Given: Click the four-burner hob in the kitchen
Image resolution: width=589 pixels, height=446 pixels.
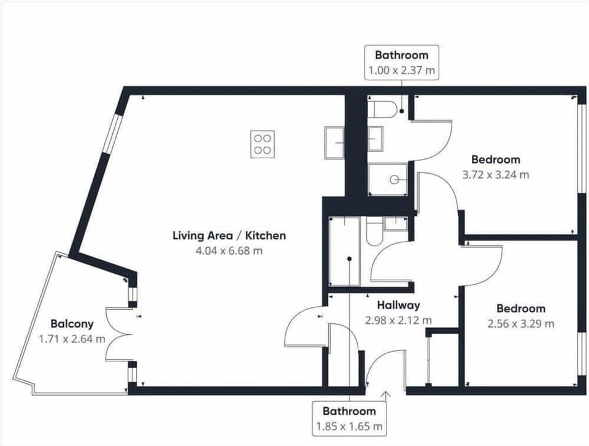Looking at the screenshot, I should pos(263,144).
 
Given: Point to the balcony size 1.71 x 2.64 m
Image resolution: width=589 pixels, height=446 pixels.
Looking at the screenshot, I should pos(72,338).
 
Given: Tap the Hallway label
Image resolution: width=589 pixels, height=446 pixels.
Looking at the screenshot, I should pos(398,305).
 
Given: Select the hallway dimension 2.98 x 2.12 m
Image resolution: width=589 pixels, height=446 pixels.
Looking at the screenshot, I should pos(398,320).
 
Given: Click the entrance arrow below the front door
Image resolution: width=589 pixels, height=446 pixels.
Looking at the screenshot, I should pos(387,396).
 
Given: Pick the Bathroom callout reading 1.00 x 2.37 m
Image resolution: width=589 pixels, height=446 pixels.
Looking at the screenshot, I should pos(402,63).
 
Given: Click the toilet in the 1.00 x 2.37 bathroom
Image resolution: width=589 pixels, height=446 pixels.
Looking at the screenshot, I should pos(383,109).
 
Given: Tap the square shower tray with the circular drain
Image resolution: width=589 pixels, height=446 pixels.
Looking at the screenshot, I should pos(389,179).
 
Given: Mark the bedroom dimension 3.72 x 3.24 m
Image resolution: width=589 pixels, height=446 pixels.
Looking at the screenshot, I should pos(496,174).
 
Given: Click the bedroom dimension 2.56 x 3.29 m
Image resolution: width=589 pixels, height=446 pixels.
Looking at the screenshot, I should pos(521,323).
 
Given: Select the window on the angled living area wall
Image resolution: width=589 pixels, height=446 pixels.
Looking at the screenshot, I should pos(113,133).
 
